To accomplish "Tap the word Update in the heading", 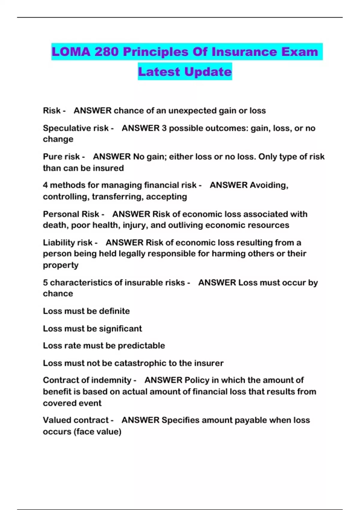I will click(208, 72).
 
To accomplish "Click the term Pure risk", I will click(61, 157).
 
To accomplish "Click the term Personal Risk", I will click(71, 214).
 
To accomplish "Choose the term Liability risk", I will click(67, 242).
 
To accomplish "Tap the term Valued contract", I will click(76, 420).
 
